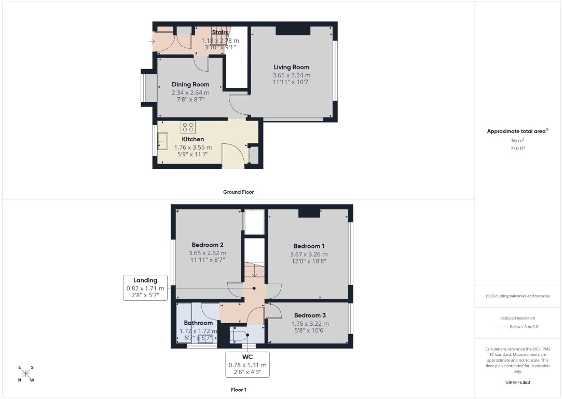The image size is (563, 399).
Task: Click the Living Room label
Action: tap(291, 67)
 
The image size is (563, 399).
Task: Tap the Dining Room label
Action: tap(190, 85)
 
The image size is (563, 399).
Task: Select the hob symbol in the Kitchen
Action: tap(188, 127)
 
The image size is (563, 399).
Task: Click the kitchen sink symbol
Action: tap(162, 139)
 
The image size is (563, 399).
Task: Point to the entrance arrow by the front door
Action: tap(152, 41)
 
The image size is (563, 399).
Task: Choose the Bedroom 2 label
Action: tap(208, 245)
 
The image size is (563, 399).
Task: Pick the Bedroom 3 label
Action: tap(310, 315)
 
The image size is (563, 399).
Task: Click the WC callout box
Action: tap(248, 365)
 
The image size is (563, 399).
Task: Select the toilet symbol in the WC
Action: tap(240, 336)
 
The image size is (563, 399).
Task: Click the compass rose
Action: tap(26, 374)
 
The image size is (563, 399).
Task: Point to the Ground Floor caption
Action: tap(238, 192)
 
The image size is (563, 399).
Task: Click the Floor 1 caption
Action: tap(238, 389)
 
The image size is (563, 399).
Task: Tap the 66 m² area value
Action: tap(518, 141)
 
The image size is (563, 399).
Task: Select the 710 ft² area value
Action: tap(518, 149)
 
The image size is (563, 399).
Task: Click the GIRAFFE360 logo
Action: tap(518, 382)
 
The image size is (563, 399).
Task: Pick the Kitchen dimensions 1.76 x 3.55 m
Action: tap(193, 148)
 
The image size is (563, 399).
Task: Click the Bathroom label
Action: tap(198, 323)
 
